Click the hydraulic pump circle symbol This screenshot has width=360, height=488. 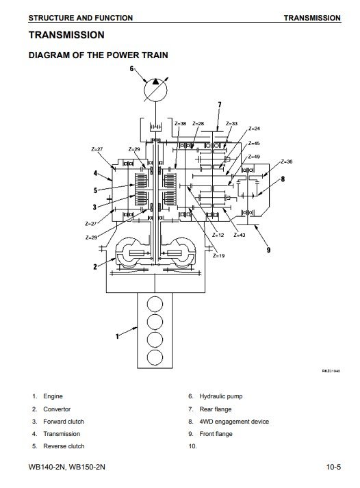pyautogui.click(x=155, y=90)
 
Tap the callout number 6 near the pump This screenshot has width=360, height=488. pyautogui.click(x=131, y=68)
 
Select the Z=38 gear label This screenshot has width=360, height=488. pyautogui.click(x=180, y=123)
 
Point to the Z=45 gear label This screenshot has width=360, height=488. pyautogui.click(x=254, y=144)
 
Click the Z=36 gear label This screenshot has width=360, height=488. pyautogui.click(x=287, y=162)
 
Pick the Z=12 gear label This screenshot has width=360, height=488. pyautogui.click(x=218, y=235)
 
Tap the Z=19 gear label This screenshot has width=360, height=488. pyautogui.click(x=219, y=255)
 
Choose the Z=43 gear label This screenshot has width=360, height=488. pyautogui.click(x=240, y=235)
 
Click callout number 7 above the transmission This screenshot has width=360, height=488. pyautogui.click(x=220, y=105)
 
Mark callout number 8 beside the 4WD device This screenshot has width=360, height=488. pyautogui.click(x=283, y=179)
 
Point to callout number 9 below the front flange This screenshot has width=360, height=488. pyautogui.click(x=268, y=250)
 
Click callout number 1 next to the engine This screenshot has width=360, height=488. pyautogui.click(x=117, y=336)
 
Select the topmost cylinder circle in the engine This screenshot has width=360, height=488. pyautogui.click(x=155, y=304)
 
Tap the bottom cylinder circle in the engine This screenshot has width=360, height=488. pyautogui.click(x=155, y=357)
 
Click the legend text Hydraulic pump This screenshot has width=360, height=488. pyautogui.click(x=221, y=396)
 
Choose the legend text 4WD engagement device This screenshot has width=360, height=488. pyautogui.click(x=234, y=422)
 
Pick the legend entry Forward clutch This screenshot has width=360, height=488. pyautogui.click(x=64, y=422)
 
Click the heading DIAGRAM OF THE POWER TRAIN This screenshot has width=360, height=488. pyautogui.click(x=99, y=55)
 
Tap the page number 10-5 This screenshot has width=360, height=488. pyautogui.click(x=333, y=467)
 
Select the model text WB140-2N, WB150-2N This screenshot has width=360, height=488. pyautogui.click(x=66, y=467)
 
